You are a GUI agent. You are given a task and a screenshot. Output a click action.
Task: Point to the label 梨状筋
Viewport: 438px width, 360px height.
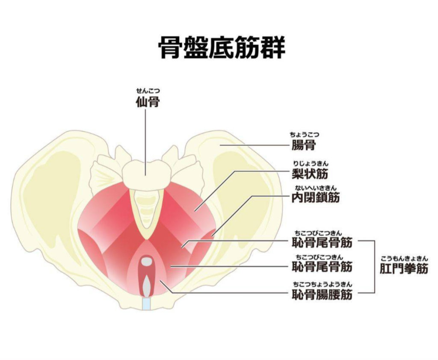[310, 174]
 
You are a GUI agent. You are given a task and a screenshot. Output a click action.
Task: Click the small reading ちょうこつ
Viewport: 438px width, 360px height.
[304, 135]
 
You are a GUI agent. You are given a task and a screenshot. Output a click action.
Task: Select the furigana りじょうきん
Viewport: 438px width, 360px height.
[311, 163]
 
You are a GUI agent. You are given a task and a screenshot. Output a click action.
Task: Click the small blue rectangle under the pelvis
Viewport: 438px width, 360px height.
[147, 304]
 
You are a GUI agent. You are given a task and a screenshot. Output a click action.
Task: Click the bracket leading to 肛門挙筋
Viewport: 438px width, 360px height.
[374, 267]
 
